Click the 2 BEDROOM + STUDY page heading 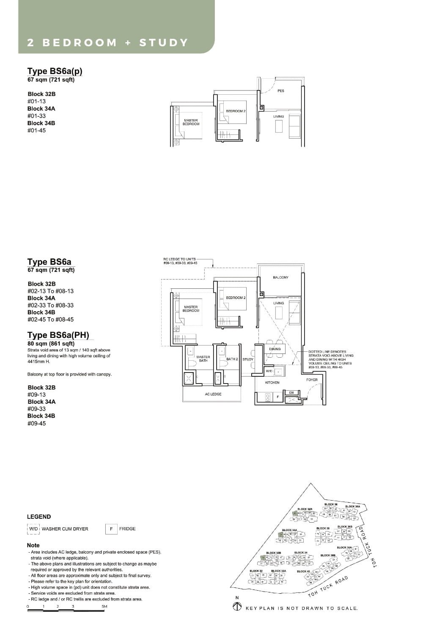107,43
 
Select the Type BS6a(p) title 55,71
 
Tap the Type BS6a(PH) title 58,335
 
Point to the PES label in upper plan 281,91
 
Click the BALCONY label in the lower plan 280,277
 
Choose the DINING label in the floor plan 275,349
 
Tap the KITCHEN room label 272,382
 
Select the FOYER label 312,380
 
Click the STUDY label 248,359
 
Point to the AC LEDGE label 213,394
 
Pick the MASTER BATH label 203,359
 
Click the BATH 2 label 232,359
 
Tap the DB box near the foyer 291,393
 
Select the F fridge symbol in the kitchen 277,397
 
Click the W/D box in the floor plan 269,371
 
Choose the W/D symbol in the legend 33,529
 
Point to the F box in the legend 111,529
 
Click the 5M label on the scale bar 104,607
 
